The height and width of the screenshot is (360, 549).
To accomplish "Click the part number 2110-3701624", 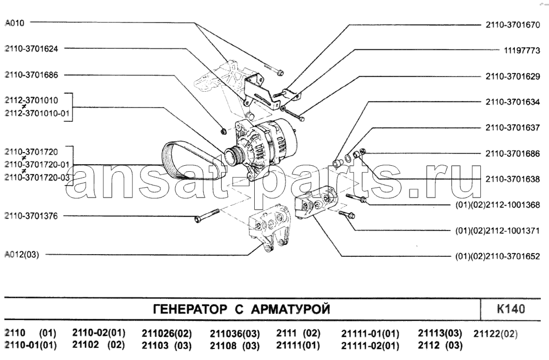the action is point(31,49).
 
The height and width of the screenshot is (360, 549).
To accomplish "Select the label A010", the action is point(14,23).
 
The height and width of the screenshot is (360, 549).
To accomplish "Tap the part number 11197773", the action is point(522,50).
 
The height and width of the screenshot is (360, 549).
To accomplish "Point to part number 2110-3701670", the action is point(513,25).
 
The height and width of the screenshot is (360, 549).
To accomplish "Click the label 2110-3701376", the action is point(31,216).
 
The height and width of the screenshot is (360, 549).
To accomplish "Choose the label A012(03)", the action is point(22,254).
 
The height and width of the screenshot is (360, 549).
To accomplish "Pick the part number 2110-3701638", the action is point(513,179).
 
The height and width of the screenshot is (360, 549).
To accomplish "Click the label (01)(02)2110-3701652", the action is point(497,256).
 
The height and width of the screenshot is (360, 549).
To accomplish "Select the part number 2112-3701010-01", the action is point(37,114).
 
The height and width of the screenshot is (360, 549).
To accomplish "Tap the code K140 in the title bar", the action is point(511,310).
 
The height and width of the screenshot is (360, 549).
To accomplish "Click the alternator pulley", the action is point(233,156).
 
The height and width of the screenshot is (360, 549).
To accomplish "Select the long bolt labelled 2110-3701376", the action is point(206,216).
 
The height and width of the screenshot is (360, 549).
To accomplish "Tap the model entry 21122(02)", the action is point(495,334).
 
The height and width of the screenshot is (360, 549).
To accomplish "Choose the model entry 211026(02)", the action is point(167,334).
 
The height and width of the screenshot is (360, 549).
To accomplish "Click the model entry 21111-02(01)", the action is point(370,346).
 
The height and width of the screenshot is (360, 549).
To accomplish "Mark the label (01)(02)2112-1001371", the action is point(497,231).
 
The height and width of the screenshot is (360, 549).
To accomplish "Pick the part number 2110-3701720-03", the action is point(37,177).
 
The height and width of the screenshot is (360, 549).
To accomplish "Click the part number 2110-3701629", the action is point(513,76).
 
